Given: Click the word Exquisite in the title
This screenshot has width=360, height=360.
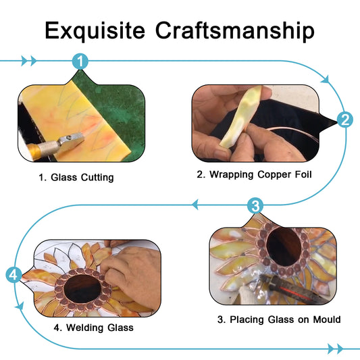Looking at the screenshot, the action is tap(95, 31).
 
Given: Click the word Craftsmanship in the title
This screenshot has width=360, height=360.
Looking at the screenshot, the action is tap(234, 31).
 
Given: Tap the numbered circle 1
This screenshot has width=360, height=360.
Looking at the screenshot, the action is tap(80, 61).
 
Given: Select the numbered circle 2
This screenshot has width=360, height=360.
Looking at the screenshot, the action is tap(345, 120).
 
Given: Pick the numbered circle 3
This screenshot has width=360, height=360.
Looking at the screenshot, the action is tap(255, 205).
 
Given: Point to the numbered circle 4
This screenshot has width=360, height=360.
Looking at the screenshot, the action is tap(14, 275).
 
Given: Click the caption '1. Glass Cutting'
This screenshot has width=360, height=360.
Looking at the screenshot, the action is tap(76, 178).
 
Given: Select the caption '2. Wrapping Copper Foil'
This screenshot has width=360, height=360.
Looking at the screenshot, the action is tap(254, 174).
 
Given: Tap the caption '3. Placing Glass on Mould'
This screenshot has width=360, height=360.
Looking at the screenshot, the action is tap(279, 319).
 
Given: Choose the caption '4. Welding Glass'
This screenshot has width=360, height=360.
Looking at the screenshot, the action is tap(94, 328).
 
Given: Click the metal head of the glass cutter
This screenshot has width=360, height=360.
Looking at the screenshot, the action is tap(70, 140).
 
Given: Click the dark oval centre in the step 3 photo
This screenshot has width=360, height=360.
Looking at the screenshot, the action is tap(284, 247).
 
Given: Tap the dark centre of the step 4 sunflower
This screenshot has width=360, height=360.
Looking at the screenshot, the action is tap(82, 289).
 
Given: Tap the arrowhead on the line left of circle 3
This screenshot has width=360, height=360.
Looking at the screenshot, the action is tap(195, 205).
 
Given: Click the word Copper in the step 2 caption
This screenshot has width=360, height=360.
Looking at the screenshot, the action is tap(274, 175).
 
